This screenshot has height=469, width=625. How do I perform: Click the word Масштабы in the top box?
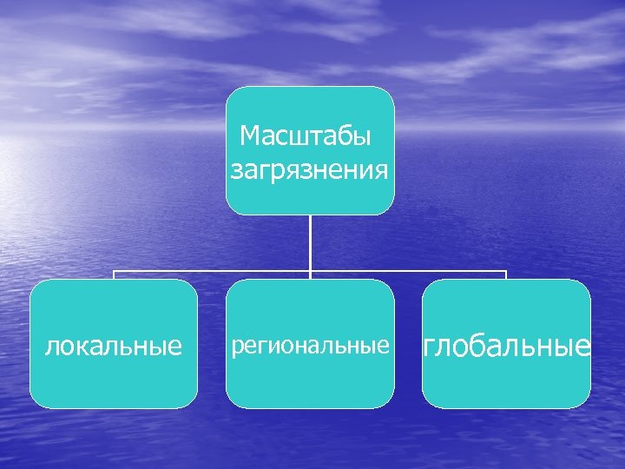pyautogui.click(x=305, y=136)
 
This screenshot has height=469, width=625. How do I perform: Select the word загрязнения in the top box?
pyautogui.click(x=310, y=168)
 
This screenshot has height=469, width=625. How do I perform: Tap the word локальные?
pyautogui.click(x=114, y=347)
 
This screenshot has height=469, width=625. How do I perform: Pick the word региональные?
pyautogui.click(x=310, y=347)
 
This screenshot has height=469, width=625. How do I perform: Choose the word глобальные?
pyautogui.click(x=507, y=347)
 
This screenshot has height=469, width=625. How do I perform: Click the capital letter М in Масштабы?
pyautogui.click(x=250, y=136)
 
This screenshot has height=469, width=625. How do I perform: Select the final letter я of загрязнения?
pyautogui.click(x=381, y=169)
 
